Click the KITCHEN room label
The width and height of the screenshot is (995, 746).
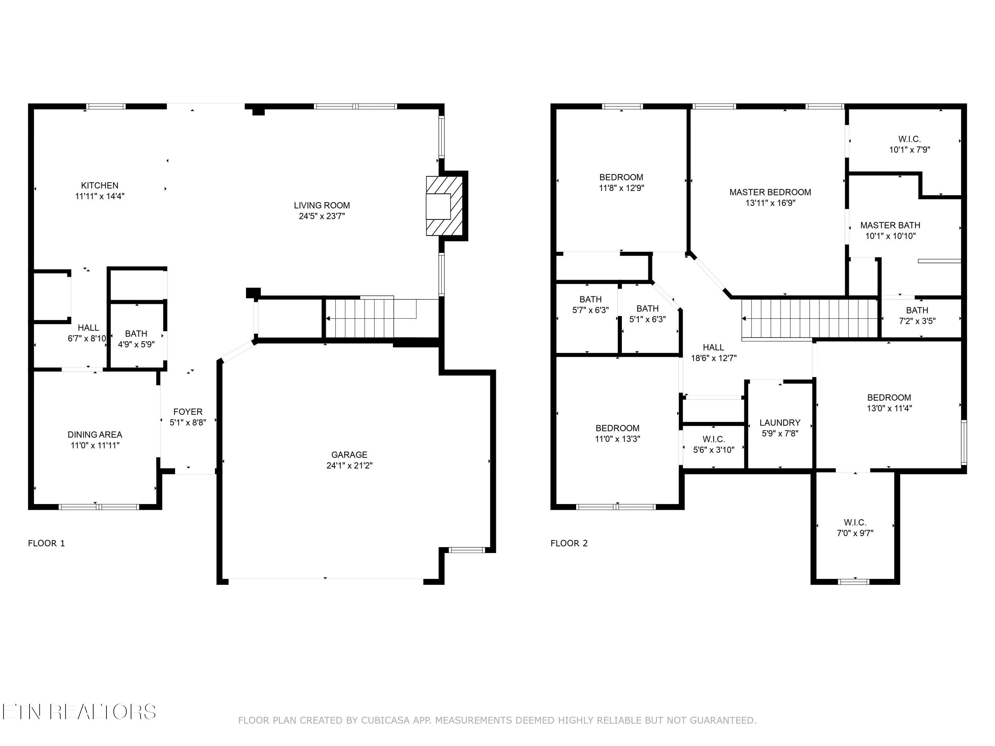(x=99, y=185)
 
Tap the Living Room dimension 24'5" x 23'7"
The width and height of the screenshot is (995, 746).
(x=322, y=216)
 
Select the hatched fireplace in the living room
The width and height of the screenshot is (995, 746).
(x=444, y=206)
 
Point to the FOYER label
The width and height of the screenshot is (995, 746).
(x=188, y=411)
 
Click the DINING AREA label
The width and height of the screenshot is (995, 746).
(x=95, y=434)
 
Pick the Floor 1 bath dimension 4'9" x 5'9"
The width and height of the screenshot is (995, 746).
(x=136, y=344)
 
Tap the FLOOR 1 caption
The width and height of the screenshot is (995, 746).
(x=46, y=543)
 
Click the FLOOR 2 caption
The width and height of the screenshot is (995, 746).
(x=569, y=543)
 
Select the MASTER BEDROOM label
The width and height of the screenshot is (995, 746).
(x=770, y=192)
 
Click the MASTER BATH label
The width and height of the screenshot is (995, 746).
(x=890, y=225)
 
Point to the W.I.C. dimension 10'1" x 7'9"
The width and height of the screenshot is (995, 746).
(x=909, y=150)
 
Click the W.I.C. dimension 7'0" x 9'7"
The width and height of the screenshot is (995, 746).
(x=855, y=533)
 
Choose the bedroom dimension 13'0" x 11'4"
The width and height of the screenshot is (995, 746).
(x=889, y=408)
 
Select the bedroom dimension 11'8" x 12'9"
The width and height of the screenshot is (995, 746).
(x=621, y=188)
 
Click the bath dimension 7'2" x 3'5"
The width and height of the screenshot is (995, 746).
(x=917, y=321)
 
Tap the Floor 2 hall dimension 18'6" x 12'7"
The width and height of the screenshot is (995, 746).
(x=713, y=358)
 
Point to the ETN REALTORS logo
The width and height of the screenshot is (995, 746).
(x=79, y=712)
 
